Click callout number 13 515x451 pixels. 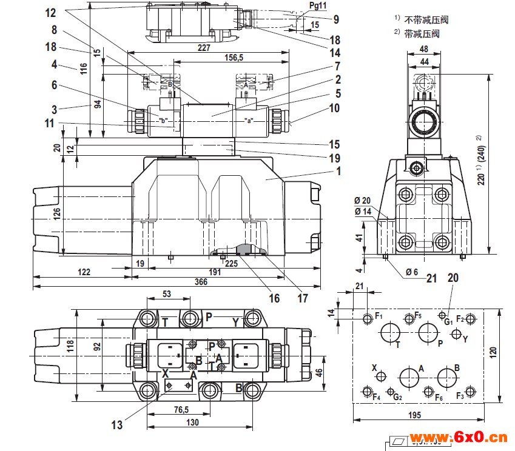click(116, 424)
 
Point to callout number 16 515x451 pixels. click(274, 298)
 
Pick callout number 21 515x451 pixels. click(431, 278)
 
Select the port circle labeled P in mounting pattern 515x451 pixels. click(428, 332)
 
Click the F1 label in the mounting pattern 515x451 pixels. click(379, 316)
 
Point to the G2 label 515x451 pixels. click(397, 397)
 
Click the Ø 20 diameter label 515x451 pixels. click(363, 201)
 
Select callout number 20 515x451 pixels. click(453, 278)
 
